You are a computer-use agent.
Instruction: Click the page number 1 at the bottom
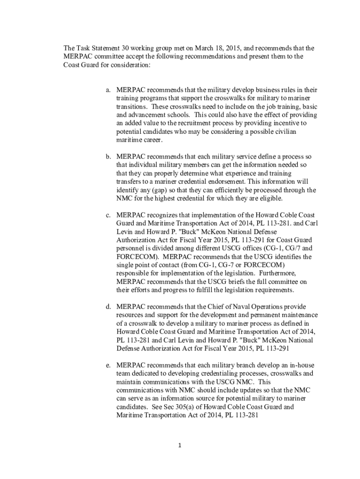(x=180, y=445)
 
